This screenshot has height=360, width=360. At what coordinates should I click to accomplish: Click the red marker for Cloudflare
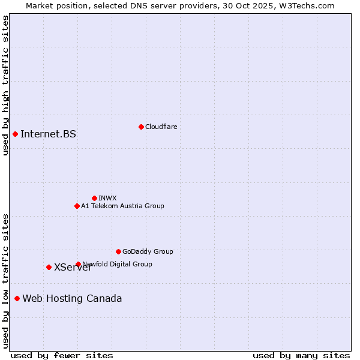[x=141, y=127]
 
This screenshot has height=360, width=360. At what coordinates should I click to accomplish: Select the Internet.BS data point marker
[x=15, y=134]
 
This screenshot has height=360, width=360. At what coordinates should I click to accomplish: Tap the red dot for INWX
[x=94, y=198]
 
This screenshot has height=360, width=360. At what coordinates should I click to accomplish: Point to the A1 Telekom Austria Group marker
[x=77, y=206]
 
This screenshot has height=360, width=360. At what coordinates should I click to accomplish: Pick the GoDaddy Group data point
[x=118, y=251]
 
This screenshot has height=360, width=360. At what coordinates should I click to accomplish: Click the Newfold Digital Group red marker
[x=78, y=264]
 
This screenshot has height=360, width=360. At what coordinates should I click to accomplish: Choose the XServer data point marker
[x=49, y=267]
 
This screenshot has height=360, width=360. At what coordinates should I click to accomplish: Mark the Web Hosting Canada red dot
[x=17, y=298]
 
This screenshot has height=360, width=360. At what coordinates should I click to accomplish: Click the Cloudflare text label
[x=161, y=127]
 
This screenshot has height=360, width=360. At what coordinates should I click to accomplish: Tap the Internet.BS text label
[x=48, y=134]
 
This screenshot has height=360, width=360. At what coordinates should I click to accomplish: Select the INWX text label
[x=107, y=198]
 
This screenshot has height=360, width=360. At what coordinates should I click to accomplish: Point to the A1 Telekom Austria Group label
[x=122, y=206]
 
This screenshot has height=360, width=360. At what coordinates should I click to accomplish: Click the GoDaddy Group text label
[x=148, y=251]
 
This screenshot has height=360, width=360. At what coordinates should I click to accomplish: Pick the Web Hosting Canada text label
[x=72, y=298]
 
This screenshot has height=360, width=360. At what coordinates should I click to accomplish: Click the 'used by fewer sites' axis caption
[x=62, y=355]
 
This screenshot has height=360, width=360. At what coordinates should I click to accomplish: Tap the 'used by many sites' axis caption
[x=301, y=355]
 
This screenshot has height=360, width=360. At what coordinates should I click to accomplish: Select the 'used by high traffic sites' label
[x=5, y=85]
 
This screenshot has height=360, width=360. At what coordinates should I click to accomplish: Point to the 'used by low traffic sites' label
[x=5, y=281]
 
